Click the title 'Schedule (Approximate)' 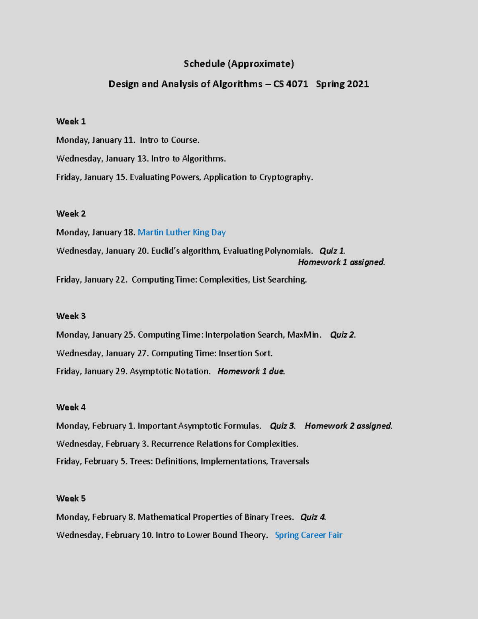click(239, 64)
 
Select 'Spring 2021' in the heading click(342, 84)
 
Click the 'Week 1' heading click(71, 122)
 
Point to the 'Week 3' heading click(71, 316)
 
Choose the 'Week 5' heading click(71, 498)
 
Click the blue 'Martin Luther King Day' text click(182, 232)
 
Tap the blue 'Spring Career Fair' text click(308, 535)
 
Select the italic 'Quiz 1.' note click(332, 251)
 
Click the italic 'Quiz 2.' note click(343, 335)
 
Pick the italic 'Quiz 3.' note click(283, 426)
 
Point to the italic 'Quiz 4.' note click(313, 517)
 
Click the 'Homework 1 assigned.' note click(341, 262)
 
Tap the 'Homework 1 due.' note click(251, 371)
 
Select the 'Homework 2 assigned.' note click(349, 426)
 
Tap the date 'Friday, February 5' click(92, 462)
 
